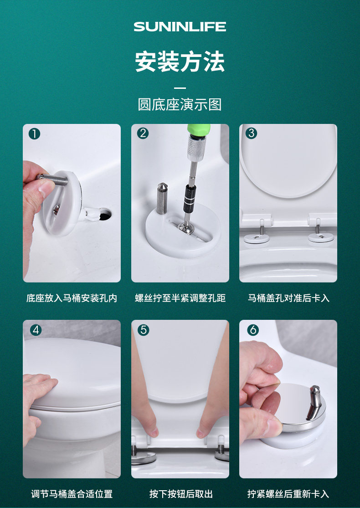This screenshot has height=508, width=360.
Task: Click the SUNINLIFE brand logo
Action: (180, 26)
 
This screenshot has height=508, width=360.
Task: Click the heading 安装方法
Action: (180, 62)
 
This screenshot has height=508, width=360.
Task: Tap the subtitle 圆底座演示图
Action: (180, 104)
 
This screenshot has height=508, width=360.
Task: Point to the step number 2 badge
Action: (143, 133)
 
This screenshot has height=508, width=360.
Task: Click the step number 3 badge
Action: (251, 133)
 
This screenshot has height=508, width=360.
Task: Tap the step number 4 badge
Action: (36, 330)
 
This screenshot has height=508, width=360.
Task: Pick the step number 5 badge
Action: (143, 330)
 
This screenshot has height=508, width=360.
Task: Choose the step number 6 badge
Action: (253, 330)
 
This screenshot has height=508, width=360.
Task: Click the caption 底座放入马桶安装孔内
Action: (72, 298)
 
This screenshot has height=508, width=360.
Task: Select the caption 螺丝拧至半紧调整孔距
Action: (180, 298)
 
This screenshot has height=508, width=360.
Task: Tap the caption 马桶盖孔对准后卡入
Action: (288, 298)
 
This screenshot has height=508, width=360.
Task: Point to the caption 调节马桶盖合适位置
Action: (72, 494)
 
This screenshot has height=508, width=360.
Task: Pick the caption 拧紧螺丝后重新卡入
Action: (288, 494)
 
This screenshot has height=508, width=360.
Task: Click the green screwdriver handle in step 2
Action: (199, 130)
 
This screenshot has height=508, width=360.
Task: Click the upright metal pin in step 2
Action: (162, 198)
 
